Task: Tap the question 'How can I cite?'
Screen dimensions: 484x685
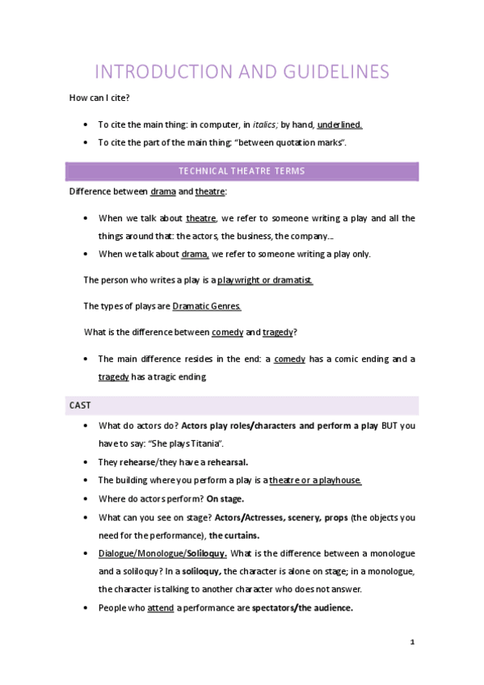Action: pos(100,98)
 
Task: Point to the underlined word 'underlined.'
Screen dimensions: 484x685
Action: pos(339,124)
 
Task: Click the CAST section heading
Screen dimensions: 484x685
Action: pos(79,405)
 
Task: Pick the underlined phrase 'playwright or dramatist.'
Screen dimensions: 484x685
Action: pos(265,279)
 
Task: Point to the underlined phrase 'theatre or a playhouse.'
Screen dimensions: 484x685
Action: pos(315,480)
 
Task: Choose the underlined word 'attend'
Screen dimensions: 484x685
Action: pos(161,608)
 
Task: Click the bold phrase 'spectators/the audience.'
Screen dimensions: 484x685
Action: pos(302,608)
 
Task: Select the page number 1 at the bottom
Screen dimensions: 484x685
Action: pos(412,642)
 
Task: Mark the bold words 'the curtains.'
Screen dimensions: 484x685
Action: pos(234,535)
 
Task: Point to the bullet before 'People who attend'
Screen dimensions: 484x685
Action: pos(86,608)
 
